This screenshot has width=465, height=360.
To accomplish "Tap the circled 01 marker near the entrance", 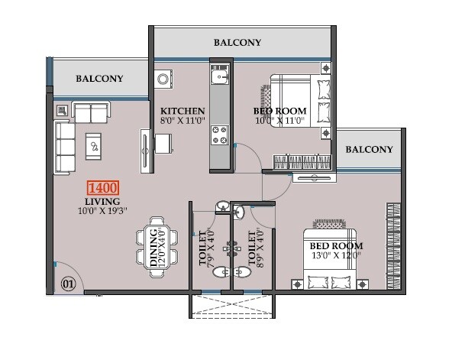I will pos(69,285).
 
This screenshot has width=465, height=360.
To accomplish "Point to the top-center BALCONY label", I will pos(237,43).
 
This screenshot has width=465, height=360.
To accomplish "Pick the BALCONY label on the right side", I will pos(369,149).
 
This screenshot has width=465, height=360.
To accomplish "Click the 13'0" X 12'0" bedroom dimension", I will pos(336,256).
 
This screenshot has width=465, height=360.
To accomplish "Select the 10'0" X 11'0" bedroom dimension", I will pos(279,121).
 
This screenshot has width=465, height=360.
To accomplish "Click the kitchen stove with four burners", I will pos(220,135).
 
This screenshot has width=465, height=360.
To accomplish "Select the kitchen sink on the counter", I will pos(221,77).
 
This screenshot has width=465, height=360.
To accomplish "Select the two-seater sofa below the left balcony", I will pos(91,113).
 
